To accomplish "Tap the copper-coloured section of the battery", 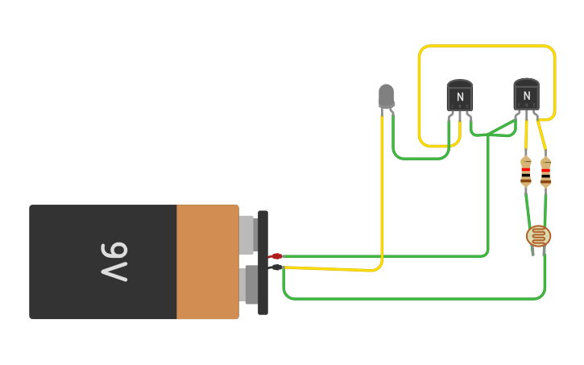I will coord(207,262).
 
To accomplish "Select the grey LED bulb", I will coord(386,95).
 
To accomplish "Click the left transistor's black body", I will coord(460,96).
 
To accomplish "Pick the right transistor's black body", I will coord(526,95).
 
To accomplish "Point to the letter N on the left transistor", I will coord(460,97).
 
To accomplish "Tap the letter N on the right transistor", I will coord(526,96).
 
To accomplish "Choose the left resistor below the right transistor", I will coord(526,171).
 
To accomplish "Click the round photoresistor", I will coord(538,236).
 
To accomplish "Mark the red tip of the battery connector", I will coord(275,256).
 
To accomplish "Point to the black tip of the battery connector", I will coord(276,267).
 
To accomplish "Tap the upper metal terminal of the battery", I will coord(247,234).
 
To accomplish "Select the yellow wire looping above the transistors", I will coord(487,47).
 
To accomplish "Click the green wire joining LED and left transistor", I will coord(419,157).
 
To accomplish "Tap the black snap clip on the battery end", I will coord(263,262).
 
